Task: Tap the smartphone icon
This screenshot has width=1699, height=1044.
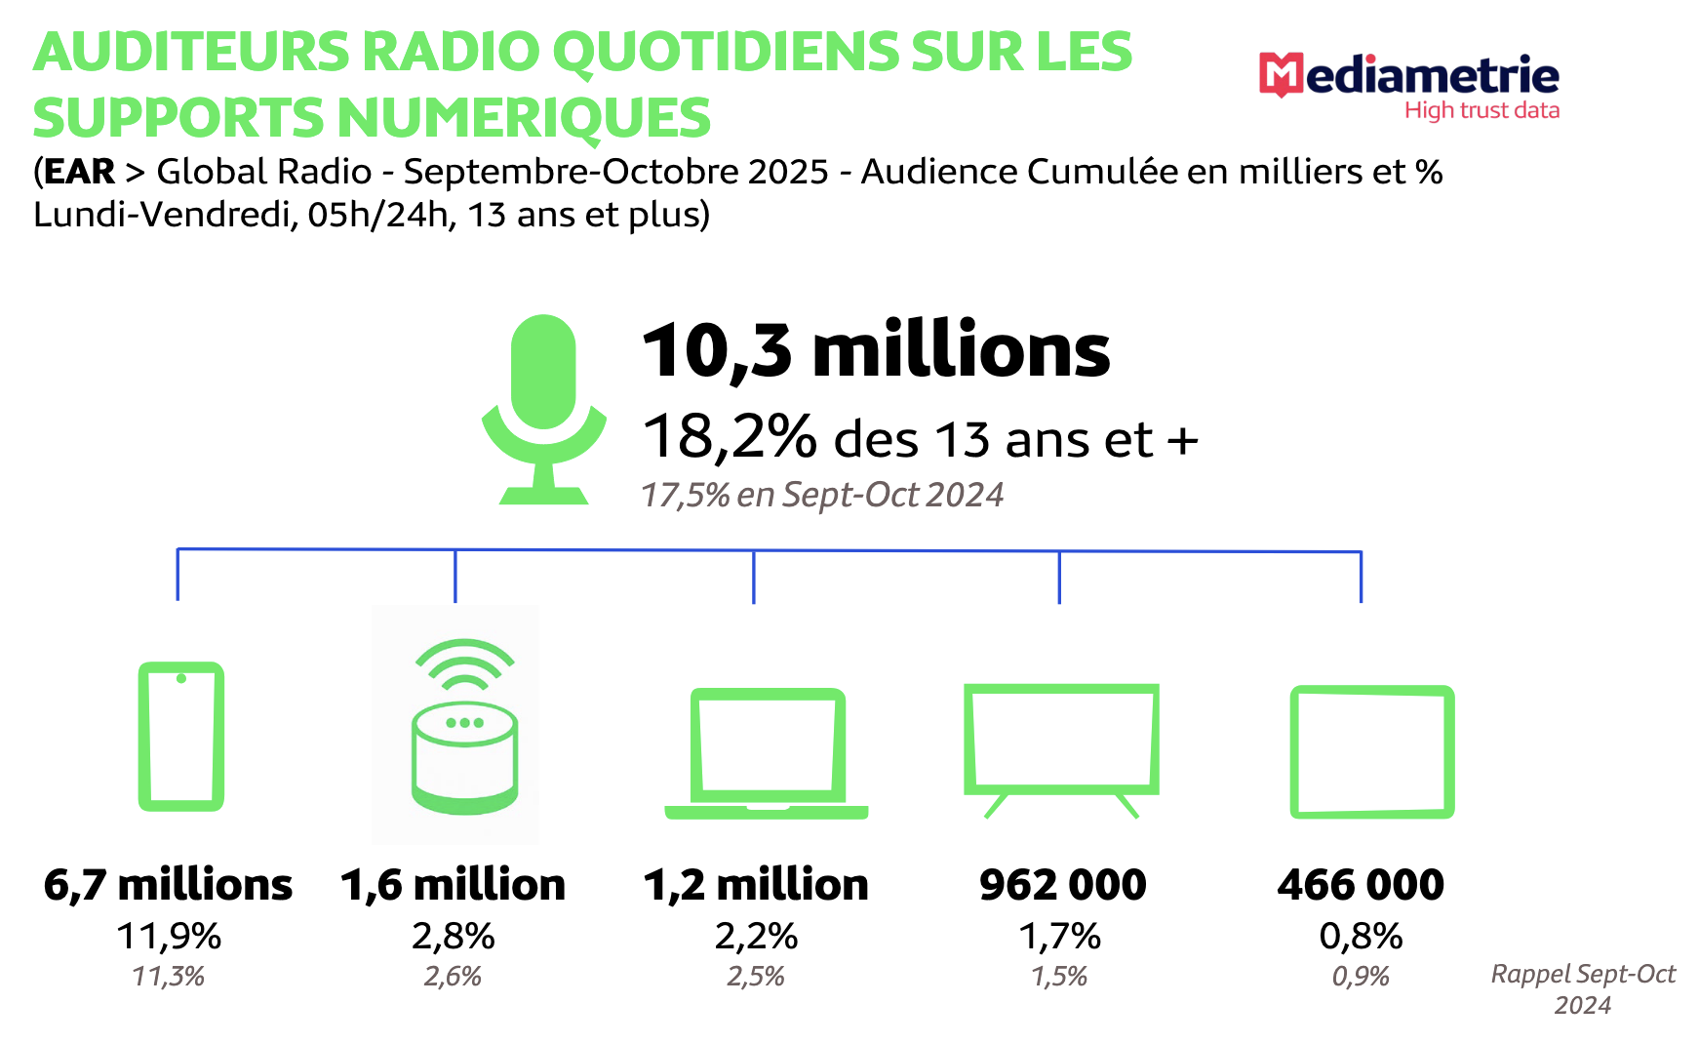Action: coord(181,737)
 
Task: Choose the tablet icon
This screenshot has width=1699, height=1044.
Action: coord(1371,751)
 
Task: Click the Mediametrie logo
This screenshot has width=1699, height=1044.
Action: coord(1408,78)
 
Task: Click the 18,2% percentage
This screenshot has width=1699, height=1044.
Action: coord(730,436)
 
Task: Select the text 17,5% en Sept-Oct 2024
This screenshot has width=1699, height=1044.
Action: coord(821,495)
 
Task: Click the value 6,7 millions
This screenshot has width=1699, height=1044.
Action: coord(168,885)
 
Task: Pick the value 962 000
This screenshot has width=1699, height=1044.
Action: coord(1062,885)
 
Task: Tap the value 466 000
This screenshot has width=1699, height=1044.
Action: coord(1361,885)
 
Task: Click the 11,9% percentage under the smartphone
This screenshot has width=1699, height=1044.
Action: coord(169,936)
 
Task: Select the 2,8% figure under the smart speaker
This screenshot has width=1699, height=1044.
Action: coord(454,936)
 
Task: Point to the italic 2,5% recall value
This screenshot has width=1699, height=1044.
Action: coord(756,976)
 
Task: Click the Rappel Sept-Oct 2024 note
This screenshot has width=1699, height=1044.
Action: coord(1582,988)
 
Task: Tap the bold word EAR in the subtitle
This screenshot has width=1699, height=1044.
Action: coord(79,172)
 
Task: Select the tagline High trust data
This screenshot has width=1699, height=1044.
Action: coord(1482,110)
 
